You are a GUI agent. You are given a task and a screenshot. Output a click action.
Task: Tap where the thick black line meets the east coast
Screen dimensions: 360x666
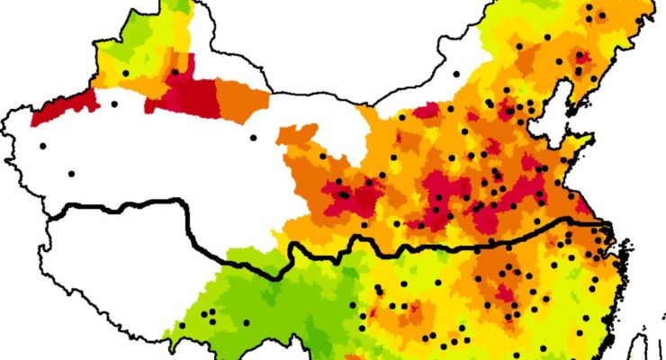point(605,225)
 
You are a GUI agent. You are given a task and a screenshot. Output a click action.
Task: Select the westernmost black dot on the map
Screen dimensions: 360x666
point(42,146)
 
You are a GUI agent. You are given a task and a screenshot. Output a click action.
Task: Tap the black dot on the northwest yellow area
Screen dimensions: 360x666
point(126,73)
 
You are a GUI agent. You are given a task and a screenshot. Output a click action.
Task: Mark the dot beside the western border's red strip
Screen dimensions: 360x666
point(114,104)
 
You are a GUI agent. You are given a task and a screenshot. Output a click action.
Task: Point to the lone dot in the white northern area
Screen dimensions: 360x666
point(456,74)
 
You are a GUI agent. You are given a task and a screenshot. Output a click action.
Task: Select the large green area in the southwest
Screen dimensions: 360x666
point(261,297)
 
